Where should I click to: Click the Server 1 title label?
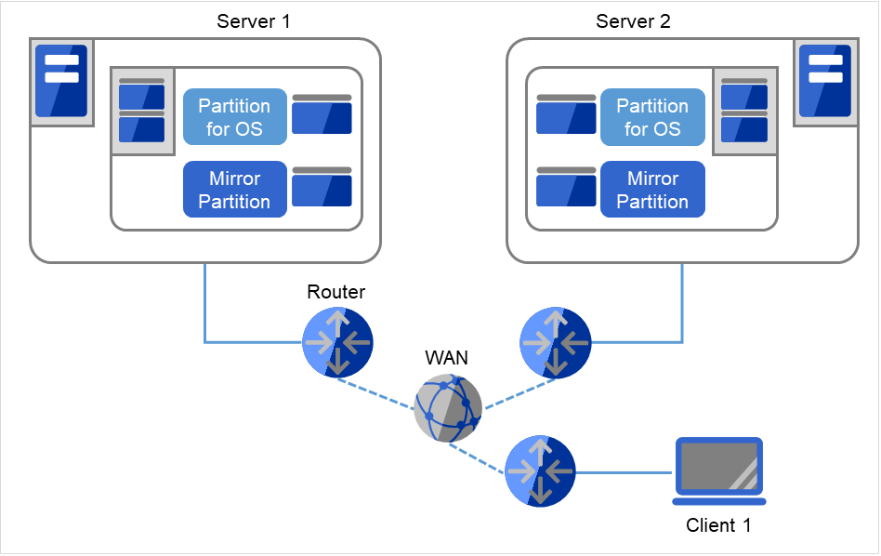[x=253, y=20]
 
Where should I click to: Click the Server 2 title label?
[x=632, y=20]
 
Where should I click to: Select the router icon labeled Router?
[x=337, y=342]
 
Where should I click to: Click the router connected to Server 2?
[x=555, y=342]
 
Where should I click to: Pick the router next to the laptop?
[x=540, y=471]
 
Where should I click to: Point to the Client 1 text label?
[x=717, y=525]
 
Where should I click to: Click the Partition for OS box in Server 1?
[x=234, y=117]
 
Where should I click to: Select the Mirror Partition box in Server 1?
[x=234, y=190]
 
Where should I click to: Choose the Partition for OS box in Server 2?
[x=652, y=117]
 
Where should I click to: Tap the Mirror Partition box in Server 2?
[x=652, y=190]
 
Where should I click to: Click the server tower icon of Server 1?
[x=61, y=81]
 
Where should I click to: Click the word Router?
[x=336, y=292]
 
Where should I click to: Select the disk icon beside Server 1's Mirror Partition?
[x=322, y=187]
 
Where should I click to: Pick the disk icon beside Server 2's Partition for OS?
[x=566, y=114]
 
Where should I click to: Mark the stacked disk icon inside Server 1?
[x=142, y=111]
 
